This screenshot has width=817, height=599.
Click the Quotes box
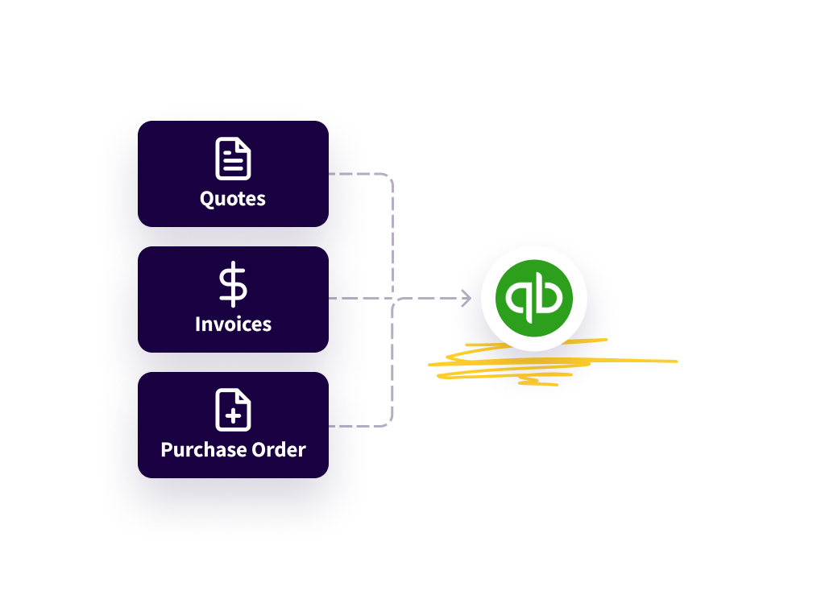[x=233, y=174]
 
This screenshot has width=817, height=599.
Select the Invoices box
[x=233, y=299]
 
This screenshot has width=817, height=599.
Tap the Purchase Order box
[x=233, y=425]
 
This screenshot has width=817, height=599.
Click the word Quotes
[x=233, y=199]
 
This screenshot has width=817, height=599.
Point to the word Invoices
[x=233, y=324]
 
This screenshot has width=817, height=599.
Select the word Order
[x=279, y=449]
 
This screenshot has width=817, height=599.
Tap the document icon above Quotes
[x=233, y=159]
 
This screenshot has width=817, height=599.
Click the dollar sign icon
[x=233, y=284]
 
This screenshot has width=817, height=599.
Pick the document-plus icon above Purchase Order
[x=233, y=410]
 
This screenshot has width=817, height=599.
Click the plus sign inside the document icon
[x=234, y=416]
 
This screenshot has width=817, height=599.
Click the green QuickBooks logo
[x=534, y=299]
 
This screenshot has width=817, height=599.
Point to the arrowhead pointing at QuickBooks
[x=467, y=299]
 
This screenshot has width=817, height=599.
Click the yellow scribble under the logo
[x=552, y=361]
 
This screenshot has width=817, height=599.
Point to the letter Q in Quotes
[x=207, y=200]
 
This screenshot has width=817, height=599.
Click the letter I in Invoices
[x=197, y=324]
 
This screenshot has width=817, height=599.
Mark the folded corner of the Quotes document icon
[x=244, y=145]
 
